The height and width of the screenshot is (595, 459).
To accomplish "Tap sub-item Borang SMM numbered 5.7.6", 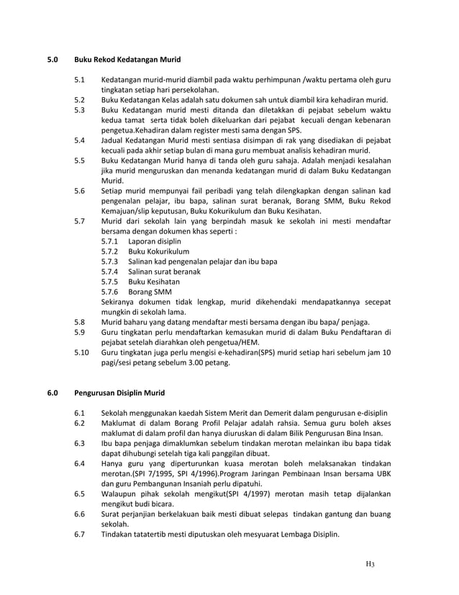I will click(150, 292).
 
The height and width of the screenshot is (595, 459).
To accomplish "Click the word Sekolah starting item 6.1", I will click(117, 413).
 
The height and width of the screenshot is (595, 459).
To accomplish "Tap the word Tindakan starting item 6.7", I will click(119, 534).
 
